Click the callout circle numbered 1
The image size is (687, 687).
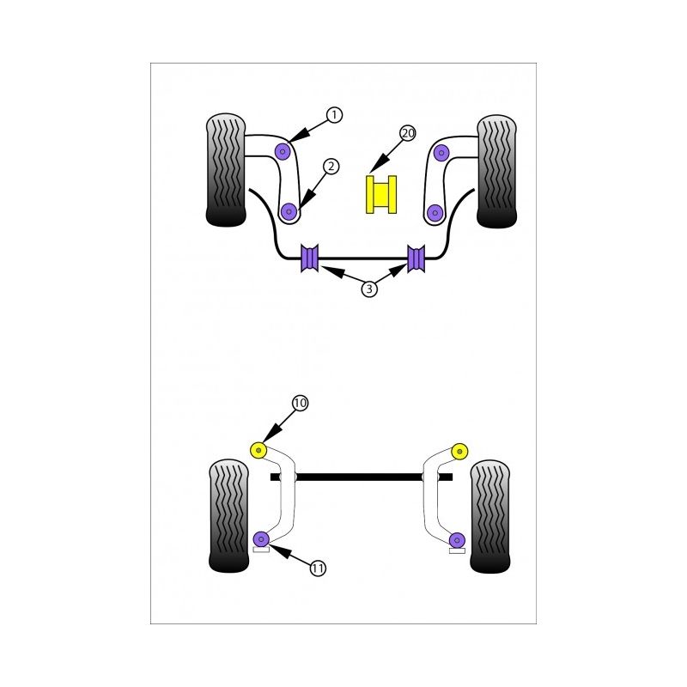[334, 114]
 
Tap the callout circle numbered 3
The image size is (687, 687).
[368, 289]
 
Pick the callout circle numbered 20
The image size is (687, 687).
[407, 133]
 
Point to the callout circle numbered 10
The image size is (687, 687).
[300, 403]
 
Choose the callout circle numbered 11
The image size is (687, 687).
[318, 568]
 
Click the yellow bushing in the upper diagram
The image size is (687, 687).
[381, 193]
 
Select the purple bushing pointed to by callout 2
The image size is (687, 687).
[289, 210]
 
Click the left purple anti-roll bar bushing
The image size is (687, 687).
[309, 258]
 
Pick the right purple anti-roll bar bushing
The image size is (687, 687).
[416, 258]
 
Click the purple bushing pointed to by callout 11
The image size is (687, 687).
[263, 539]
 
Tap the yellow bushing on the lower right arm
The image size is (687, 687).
[459, 449]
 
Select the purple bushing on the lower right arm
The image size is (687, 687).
[459, 539]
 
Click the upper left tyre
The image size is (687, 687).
[226, 170]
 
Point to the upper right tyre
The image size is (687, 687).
[496, 170]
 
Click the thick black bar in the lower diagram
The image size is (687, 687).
[361, 476]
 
